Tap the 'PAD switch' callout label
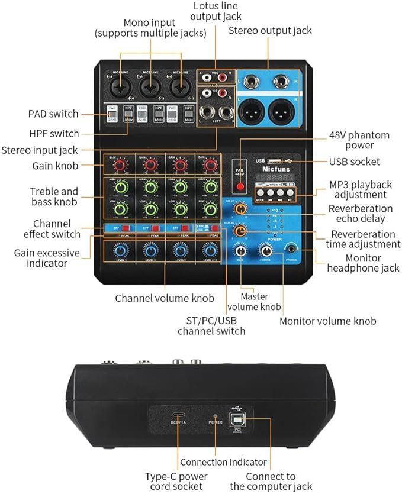click(x=53, y=114)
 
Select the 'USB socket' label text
click(x=355, y=162)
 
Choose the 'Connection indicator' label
click(x=223, y=462)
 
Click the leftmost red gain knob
click(x=120, y=164)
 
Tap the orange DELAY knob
click(x=241, y=209)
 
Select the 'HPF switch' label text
click(x=54, y=133)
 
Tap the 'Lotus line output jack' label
click(x=217, y=11)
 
